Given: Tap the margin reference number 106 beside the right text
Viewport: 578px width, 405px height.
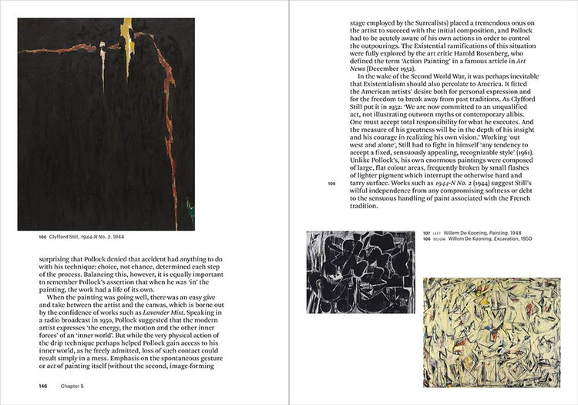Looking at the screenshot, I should [x=331, y=184].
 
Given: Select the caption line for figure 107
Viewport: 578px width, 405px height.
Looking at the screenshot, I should [x=486, y=232].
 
